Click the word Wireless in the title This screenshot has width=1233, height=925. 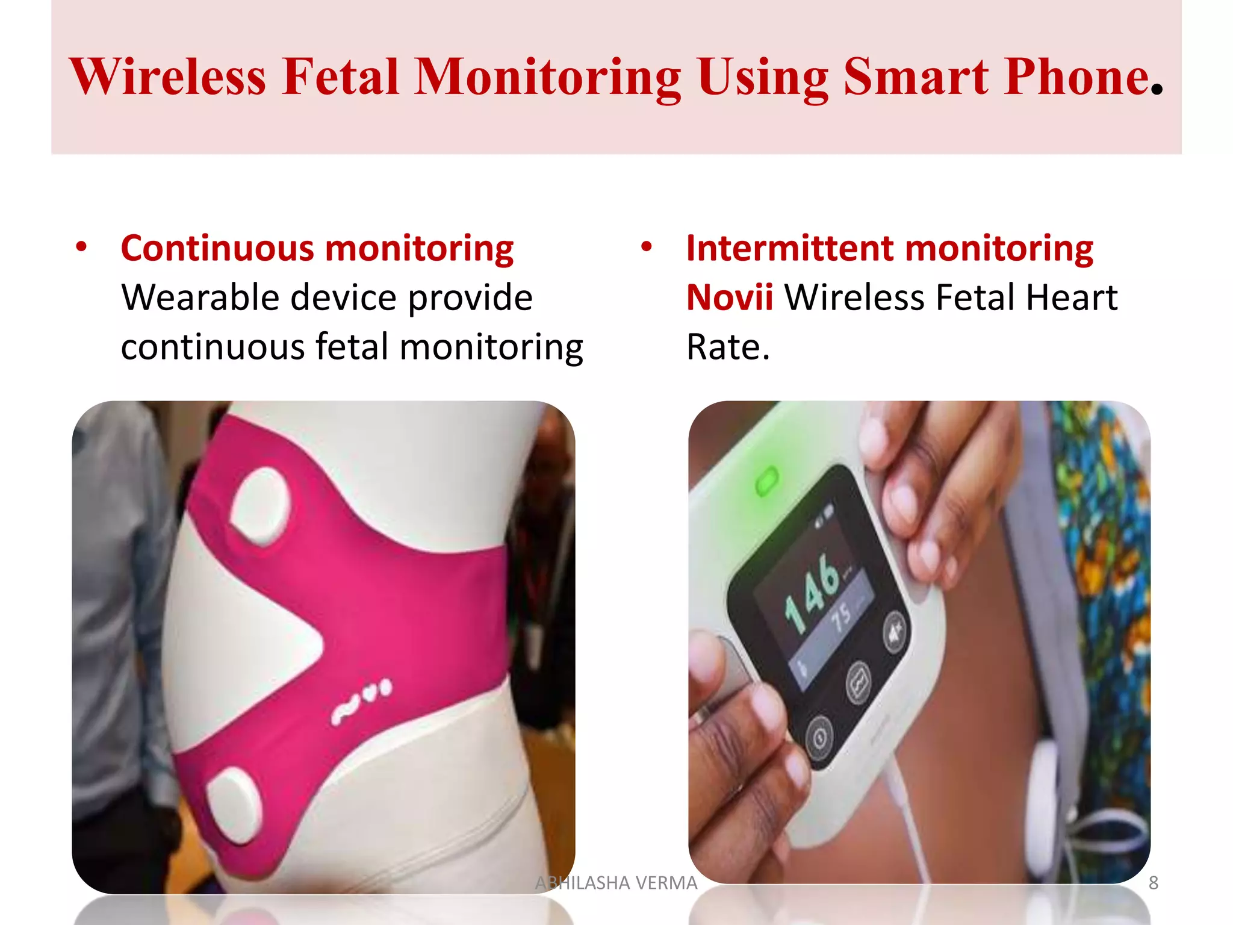(x=167, y=77)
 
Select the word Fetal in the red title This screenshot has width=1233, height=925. (x=341, y=77)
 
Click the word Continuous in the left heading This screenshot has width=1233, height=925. (x=217, y=248)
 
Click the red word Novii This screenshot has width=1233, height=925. (x=730, y=297)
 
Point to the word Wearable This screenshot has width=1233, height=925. (x=200, y=297)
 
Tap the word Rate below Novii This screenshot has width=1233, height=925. (x=728, y=347)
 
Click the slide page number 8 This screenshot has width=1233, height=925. (x=1153, y=883)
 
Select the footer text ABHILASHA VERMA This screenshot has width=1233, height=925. (x=616, y=883)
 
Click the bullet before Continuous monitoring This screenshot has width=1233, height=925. (x=81, y=247)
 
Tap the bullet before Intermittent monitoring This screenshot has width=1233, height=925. (x=647, y=247)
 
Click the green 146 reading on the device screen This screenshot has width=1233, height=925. (x=813, y=593)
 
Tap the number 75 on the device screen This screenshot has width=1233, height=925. (x=841, y=617)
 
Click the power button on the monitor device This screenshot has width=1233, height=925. (x=819, y=737)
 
